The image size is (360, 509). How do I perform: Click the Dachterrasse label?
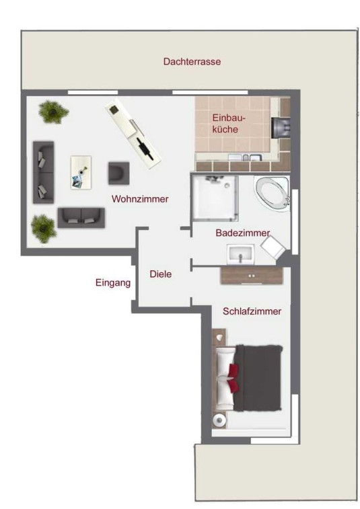pyautogui.click(x=192, y=61)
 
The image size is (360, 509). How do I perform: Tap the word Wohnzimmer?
pyautogui.click(x=140, y=198)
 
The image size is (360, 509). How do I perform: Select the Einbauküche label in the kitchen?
pyautogui.click(x=228, y=123)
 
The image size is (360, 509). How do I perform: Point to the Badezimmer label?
pyautogui.click(x=243, y=233)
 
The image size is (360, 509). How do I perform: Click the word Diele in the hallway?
pyautogui.click(x=161, y=274)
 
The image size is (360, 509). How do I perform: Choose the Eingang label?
pyautogui.click(x=113, y=283)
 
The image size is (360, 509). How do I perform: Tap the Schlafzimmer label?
pyautogui.click(x=252, y=311)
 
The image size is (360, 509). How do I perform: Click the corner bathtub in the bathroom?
pyautogui.click(x=273, y=194)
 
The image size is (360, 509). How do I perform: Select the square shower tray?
pyautogui.click(x=215, y=198)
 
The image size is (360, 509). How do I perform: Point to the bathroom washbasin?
pyautogui.click(x=241, y=255)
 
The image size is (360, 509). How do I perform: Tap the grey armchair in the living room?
pyautogui.click(x=118, y=173)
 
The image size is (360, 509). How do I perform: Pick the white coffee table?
pyautogui.click(x=81, y=172)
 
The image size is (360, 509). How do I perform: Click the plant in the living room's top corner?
pyautogui.click(x=53, y=112)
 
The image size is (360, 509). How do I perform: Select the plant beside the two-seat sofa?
pyautogui.click(x=43, y=228)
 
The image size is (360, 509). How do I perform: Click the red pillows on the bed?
pyautogui.click(x=233, y=377)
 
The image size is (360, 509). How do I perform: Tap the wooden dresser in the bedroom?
pyautogui.click(x=251, y=276)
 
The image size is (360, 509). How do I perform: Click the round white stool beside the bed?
pyautogui.click(x=219, y=420)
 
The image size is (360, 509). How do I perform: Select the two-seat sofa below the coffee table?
pyautogui.click(x=81, y=218)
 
